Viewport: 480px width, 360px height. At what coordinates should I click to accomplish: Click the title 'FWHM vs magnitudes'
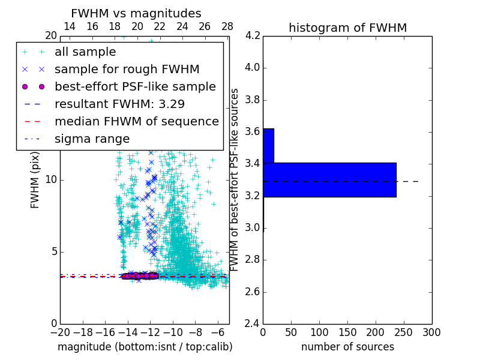[x=136, y=13]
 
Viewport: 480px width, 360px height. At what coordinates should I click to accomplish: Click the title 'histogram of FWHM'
[x=347, y=28]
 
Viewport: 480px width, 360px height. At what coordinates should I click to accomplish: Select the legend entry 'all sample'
[x=85, y=52]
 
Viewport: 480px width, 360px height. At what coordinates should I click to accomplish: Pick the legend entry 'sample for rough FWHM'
[x=127, y=70]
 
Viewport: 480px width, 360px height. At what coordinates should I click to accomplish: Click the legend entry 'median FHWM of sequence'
[x=136, y=122]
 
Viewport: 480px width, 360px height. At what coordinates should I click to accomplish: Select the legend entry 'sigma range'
[x=92, y=139]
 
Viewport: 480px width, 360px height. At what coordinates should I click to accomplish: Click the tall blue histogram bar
[x=329, y=179]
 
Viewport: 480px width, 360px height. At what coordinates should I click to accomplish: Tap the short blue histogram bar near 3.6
[x=268, y=145]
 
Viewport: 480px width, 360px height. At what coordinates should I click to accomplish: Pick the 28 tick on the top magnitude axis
[x=227, y=27]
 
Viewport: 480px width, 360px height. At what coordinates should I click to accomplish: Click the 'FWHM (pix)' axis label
[x=35, y=179]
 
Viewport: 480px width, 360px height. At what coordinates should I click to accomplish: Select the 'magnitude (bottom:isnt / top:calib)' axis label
[x=145, y=347]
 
